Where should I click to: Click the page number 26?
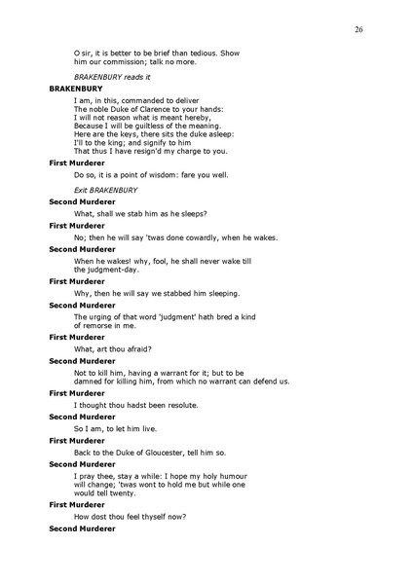pyautogui.click(x=358, y=30)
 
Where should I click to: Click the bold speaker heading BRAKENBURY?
pyautogui.click(x=76, y=88)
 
